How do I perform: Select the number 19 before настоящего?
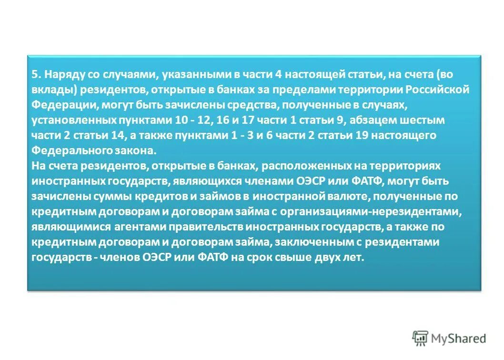(x=361, y=135)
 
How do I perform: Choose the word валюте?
(x=354, y=197)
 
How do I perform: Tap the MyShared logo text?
(x=458, y=339)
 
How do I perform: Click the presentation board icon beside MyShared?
(x=420, y=338)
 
